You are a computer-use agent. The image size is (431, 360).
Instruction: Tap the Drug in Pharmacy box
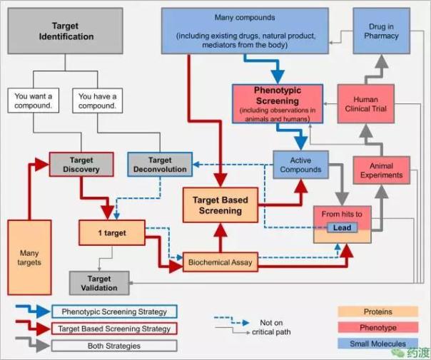tap(381, 32)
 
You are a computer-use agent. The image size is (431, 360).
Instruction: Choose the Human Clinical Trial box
tap(365, 104)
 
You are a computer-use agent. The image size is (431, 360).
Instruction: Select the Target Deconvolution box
tap(161, 165)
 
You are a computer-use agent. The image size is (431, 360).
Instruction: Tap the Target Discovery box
tap(81, 165)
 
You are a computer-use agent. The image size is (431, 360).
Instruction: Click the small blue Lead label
tap(340, 227)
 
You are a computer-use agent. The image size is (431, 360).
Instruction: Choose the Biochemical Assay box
tap(219, 262)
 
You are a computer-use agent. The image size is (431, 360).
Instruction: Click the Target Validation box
tap(99, 283)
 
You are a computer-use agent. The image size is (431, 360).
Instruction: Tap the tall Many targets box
tap(29, 257)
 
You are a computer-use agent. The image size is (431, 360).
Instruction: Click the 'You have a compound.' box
tap(98, 101)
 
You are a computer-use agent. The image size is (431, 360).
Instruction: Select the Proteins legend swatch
tap(377, 312)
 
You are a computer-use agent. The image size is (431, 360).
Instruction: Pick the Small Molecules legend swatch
tap(377, 344)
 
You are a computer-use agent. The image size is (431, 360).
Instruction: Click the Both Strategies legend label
tap(114, 345)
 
